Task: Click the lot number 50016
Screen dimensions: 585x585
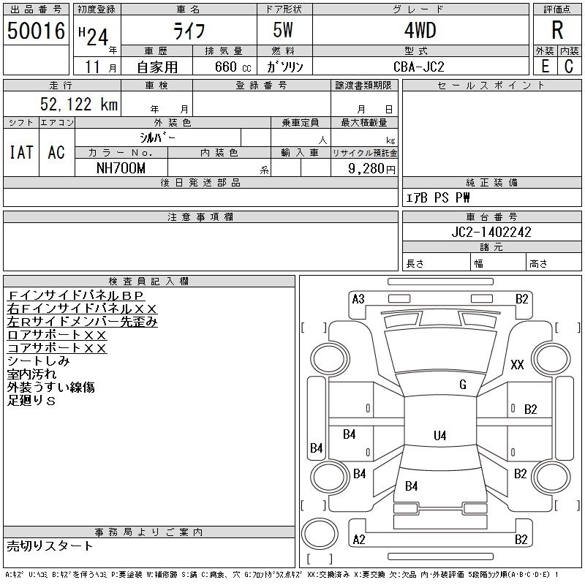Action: [36, 31]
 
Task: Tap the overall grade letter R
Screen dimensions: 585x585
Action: [557, 30]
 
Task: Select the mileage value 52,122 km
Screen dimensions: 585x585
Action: [79, 104]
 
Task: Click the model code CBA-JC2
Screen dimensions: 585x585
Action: [419, 67]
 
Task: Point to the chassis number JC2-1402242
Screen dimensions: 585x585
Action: [491, 232]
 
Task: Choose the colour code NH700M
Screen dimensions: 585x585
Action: [121, 168]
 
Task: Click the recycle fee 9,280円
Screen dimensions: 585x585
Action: [371, 169]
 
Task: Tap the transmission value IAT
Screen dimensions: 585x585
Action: [21, 152]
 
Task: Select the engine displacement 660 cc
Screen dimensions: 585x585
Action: [233, 67]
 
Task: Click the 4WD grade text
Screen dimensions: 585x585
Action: [420, 30]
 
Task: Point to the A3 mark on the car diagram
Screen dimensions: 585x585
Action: [358, 299]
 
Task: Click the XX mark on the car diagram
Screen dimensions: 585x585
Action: [517, 364]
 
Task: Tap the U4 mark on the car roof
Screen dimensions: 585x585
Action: [440, 435]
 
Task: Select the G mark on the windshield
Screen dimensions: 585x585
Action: [463, 385]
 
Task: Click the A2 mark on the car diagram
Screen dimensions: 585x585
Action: [359, 540]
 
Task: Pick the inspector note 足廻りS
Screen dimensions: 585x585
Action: [31, 401]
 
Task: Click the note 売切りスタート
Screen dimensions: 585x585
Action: [50, 546]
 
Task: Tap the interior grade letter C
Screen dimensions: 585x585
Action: [569, 67]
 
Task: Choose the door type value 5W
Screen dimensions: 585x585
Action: [283, 30]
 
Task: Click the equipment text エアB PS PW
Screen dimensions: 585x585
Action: [438, 197]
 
